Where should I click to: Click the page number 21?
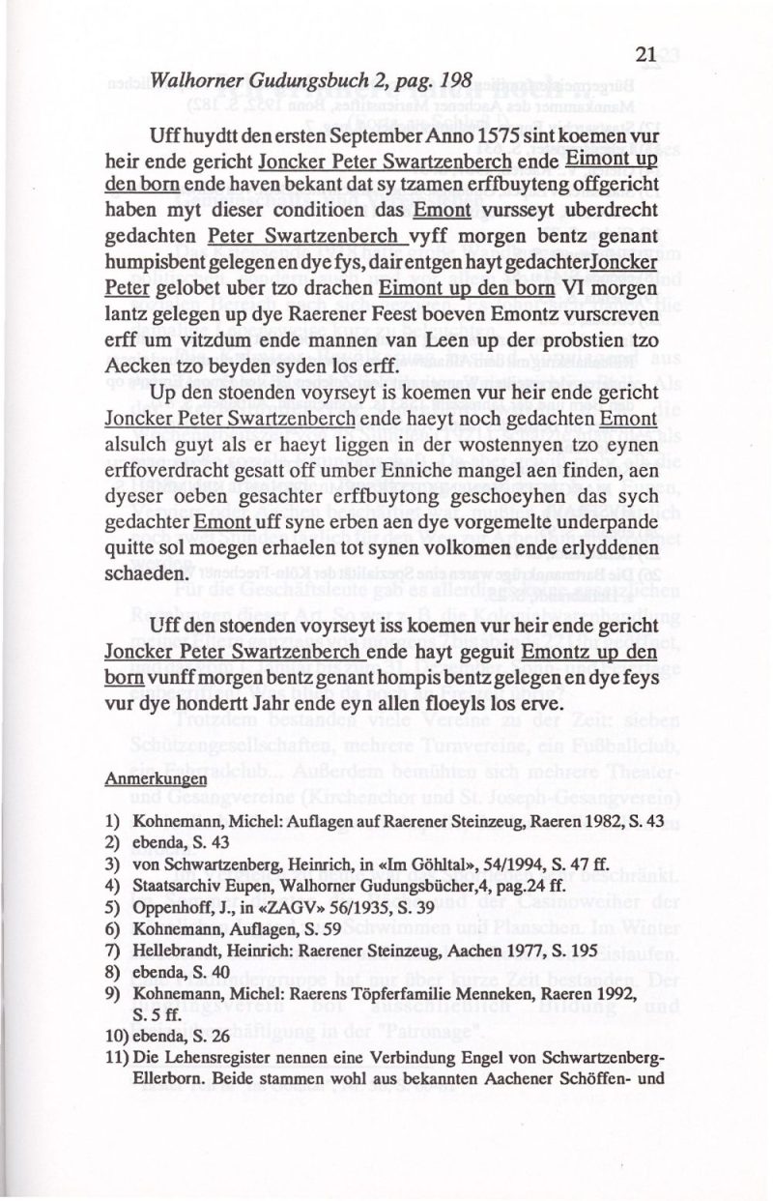647,56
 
